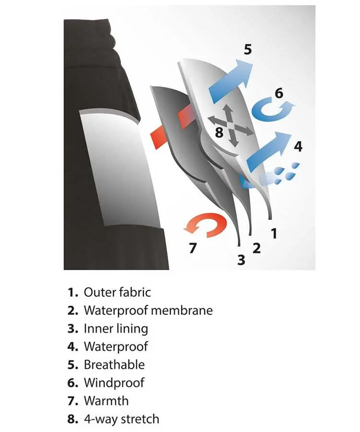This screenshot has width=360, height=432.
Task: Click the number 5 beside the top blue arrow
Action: click(248, 49)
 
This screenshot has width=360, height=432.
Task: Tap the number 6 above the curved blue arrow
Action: click(279, 93)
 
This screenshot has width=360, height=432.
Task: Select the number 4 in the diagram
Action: click(298, 146)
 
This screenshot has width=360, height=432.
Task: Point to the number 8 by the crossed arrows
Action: click(219, 132)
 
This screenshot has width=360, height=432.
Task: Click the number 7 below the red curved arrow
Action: click(193, 248)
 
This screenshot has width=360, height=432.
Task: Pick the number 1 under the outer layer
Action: click(274, 233)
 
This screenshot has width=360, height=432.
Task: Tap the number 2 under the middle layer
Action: click(256, 248)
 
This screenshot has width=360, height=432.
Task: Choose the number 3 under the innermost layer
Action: click(241, 260)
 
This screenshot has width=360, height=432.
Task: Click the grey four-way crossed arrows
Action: click(230, 126)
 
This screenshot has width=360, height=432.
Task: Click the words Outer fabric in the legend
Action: click(117, 292)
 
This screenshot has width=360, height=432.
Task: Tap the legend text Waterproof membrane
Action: click(148, 311)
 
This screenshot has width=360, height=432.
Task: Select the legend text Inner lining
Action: click(116, 329)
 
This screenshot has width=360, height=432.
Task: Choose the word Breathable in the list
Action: click(114, 365)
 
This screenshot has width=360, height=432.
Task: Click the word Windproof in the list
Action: click(114, 383)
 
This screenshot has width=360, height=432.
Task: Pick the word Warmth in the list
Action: click(106, 401)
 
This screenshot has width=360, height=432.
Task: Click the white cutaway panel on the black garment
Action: click(119, 168)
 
